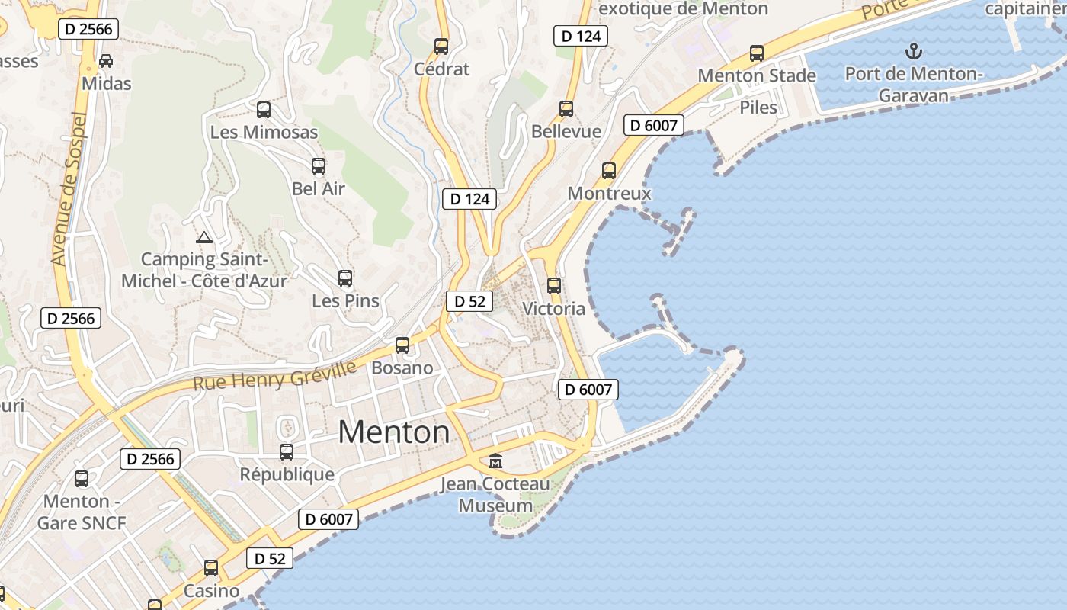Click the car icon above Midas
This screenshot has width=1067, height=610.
point(106,60)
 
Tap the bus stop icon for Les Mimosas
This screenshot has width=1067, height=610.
point(264,109)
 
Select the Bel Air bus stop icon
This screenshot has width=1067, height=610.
point(319,165)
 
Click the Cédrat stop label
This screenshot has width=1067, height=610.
point(441,69)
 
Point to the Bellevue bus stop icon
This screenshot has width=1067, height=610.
point(566,108)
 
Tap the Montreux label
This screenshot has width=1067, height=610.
point(609,193)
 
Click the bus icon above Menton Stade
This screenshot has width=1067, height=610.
point(756,53)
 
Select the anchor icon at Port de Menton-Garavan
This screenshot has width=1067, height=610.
point(913,51)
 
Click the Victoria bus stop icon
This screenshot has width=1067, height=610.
point(554,286)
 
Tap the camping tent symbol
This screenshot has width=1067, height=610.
point(203,237)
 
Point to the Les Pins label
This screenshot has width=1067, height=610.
point(345,300)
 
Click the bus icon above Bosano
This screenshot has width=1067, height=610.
point(402,345)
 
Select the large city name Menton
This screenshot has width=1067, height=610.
point(394,432)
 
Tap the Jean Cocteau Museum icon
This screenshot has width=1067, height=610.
point(495,461)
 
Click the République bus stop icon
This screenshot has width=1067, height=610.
point(287,451)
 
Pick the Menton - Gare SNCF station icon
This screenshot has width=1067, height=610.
point(82,479)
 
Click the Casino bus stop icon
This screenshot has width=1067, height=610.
point(211,568)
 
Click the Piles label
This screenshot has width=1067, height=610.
point(758,107)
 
